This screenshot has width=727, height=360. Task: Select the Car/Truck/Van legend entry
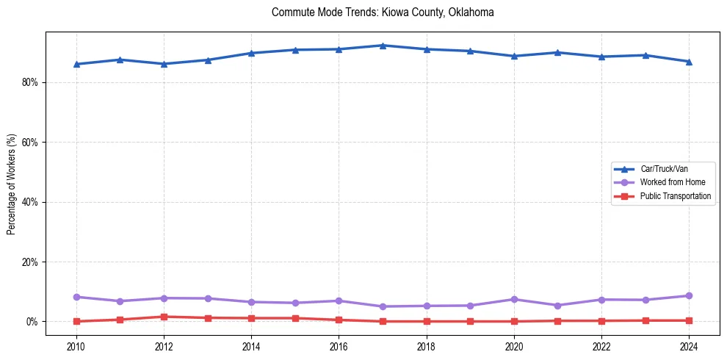[664, 169]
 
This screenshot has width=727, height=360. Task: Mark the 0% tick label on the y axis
[31, 322]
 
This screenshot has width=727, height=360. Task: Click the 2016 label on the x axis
[339, 346]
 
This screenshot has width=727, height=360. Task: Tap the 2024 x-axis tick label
[689, 346]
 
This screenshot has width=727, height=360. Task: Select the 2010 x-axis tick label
[76, 346]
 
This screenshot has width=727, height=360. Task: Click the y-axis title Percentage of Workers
[11, 184]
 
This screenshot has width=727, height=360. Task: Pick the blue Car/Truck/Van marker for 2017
[383, 46]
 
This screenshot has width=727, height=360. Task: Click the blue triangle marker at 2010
[76, 64]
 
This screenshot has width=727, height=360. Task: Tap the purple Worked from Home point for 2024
[689, 295]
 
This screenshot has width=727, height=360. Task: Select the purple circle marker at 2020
[514, 299]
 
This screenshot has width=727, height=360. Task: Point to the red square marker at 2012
[164, 317]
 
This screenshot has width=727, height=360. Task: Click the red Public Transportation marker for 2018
[427, 321]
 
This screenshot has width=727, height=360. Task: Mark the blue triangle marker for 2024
[689, 62]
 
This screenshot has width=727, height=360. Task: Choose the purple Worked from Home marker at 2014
[251, 302]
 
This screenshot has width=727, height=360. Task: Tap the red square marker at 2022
[601, 320]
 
